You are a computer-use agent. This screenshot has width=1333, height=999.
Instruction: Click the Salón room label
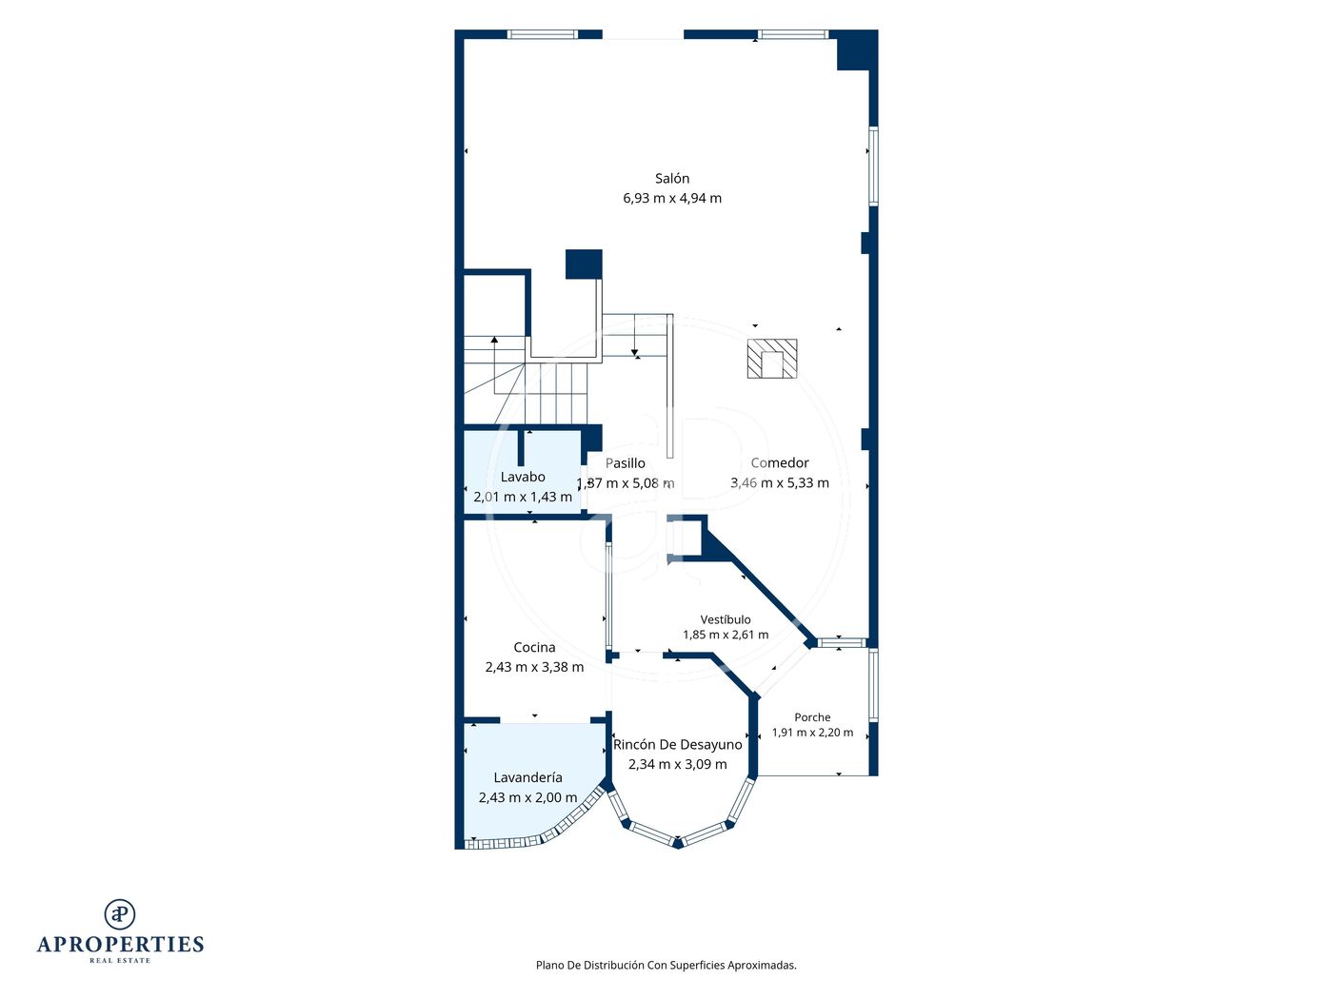pos(671,178)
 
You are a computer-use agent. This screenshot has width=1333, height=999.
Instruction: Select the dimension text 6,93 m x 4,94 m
pos(671,198)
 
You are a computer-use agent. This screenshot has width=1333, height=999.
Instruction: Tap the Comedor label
pos(780,462)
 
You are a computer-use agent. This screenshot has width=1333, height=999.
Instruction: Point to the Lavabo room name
pos(523,477)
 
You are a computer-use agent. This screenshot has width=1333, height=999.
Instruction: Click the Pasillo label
pos(625,463)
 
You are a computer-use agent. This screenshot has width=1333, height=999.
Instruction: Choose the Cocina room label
pos(534,647)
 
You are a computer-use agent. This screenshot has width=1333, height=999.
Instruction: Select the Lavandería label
pos(527,777)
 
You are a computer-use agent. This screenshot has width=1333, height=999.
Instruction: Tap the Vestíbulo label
pos(726,619)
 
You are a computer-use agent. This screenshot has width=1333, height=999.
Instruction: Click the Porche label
pos(812,717)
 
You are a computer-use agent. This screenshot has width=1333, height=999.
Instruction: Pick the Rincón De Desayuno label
pos(678,744)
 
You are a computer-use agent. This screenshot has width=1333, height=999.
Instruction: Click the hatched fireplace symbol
pos(772,359)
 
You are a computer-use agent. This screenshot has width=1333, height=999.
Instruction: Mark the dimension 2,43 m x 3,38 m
pos(534,667)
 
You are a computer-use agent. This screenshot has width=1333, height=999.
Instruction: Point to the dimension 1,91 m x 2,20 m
pos(812,732)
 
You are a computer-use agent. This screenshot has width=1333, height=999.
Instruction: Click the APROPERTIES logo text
pos(120,945)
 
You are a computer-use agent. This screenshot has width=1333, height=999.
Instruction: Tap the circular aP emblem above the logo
pos(120,914)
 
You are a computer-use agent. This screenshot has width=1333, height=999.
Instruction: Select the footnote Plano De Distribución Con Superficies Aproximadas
pos(666,965)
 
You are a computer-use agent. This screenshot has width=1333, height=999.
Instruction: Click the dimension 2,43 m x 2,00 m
pos(527,797)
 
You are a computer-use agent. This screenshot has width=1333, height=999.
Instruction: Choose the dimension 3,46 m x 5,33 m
pos(780,482)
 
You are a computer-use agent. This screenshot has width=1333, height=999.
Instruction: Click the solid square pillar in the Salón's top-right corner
pos(854,51)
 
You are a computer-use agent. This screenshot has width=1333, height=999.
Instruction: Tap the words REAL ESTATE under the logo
pos(120,961)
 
